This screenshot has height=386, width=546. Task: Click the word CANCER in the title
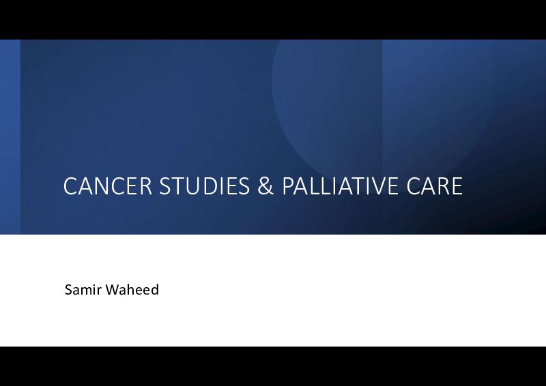click(108, 185)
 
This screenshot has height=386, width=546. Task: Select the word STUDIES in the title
click(204, 185)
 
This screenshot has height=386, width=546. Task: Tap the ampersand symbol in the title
click(265, 185)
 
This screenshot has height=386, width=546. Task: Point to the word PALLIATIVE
click(340, 185)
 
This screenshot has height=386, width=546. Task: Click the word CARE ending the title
click(434, 185)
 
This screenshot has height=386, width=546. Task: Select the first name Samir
click(83, 290)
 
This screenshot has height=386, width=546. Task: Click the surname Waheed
click(132, 290)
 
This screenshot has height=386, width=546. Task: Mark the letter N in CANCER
click(99, 185)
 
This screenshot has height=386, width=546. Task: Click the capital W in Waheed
click(112, 290)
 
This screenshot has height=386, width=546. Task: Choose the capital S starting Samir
click(69, 290)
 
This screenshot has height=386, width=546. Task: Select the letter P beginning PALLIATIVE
click(288, 185)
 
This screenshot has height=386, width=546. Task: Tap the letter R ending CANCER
click(145, 185)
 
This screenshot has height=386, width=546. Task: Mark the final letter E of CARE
click(457, 185)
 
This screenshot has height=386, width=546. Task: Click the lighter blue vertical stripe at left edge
click(10, 137)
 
